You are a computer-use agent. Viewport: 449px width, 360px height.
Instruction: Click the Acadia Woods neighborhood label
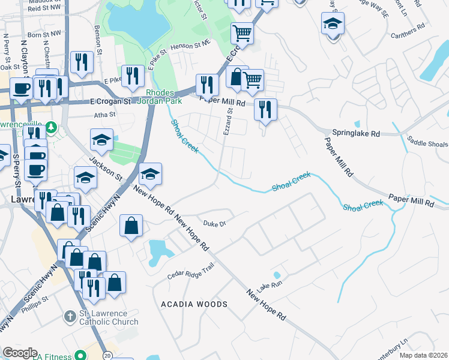[x=194, y=304]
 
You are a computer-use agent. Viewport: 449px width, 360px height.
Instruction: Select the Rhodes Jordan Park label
[x=160, y=97]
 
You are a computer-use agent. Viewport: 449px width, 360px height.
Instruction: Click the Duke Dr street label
[x=214, y=223]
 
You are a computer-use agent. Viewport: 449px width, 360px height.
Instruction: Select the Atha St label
[x=104, y=115]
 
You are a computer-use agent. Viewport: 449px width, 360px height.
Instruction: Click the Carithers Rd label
[x=412, y=27]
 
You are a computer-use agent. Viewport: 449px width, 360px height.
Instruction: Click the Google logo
[x=20, y=353]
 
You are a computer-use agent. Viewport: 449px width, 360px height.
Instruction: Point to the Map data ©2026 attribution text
[x=424, y=355]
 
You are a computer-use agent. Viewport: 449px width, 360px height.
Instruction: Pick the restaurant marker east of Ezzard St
[x=265, y=110]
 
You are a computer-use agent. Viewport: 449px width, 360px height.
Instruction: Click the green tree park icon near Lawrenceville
[x=51, y=127]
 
